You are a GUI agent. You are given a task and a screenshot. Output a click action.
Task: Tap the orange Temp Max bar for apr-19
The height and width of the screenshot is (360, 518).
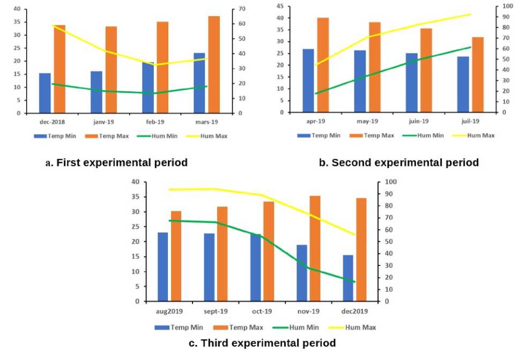pyautogui.click(x=323, y=65)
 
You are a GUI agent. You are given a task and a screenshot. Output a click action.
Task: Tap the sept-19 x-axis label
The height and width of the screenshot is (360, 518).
pyautogui.click(x=215, y=311)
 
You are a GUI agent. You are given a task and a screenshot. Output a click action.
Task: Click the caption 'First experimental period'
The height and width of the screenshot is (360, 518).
pyautogui.click(x=117, y=163)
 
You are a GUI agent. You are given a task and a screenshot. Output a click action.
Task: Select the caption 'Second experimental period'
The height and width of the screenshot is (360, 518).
pyautogui.click(x=399, y=163)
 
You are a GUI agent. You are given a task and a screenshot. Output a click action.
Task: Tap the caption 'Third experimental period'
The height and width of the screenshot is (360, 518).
pyautogui.click(x=262, y=343)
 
